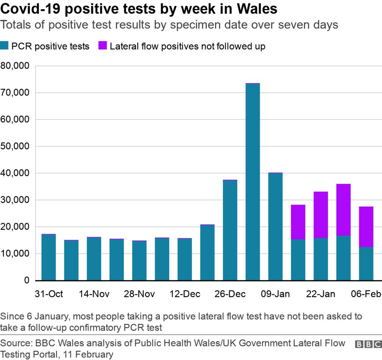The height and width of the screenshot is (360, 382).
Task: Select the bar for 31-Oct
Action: [48, 257]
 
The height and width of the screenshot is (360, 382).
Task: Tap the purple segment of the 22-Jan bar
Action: [320, 215]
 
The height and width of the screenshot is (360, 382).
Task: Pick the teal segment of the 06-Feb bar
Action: [366, 263]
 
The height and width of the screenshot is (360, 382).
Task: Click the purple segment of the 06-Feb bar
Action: [366, 227]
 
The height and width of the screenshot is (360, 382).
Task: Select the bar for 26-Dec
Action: [230, 230]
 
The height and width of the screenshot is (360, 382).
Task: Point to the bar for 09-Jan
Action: [275, 227]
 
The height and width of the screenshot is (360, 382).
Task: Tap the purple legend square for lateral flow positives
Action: [103, 46]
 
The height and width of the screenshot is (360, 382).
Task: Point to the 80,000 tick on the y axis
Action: [16, 66]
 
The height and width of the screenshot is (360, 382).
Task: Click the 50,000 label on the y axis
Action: [16, 146]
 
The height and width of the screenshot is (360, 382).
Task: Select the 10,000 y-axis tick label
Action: [16, 253]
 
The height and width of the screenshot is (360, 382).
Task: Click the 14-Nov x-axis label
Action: [94, 294]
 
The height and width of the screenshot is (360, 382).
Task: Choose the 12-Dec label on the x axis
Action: [185, 294]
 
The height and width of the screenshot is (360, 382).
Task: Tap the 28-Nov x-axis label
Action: [140, 294]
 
